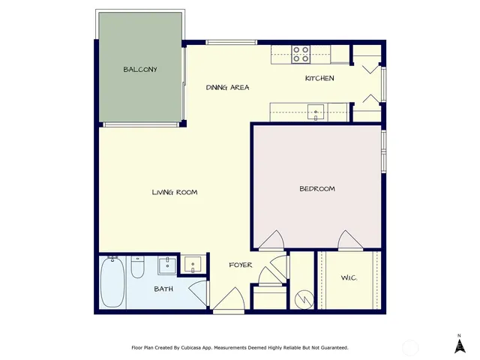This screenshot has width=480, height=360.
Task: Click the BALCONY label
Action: pos(140,70)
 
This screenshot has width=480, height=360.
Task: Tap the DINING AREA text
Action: pos(227,88)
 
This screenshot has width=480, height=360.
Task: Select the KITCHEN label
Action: pos(319,79)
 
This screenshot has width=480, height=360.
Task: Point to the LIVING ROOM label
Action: pos(175,193)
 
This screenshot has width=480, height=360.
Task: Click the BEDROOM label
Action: pos(316,189)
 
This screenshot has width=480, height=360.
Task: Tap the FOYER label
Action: pos(240,265)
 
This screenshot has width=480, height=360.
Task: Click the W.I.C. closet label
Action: pos(349,280)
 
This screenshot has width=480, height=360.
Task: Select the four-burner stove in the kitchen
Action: pos(301,54)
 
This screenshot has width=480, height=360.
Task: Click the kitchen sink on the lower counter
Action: pos(316,113)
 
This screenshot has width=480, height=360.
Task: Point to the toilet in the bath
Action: pos(137,268)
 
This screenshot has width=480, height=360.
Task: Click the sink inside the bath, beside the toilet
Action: pos(166,265)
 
